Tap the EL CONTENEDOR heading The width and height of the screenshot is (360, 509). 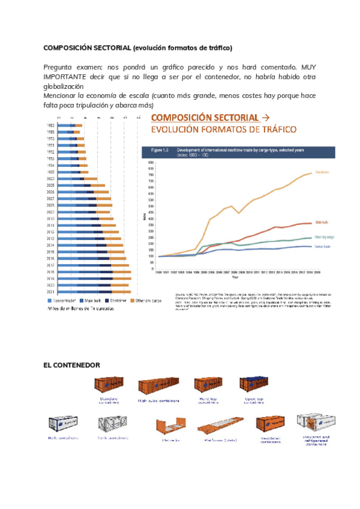coord(71,364)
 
